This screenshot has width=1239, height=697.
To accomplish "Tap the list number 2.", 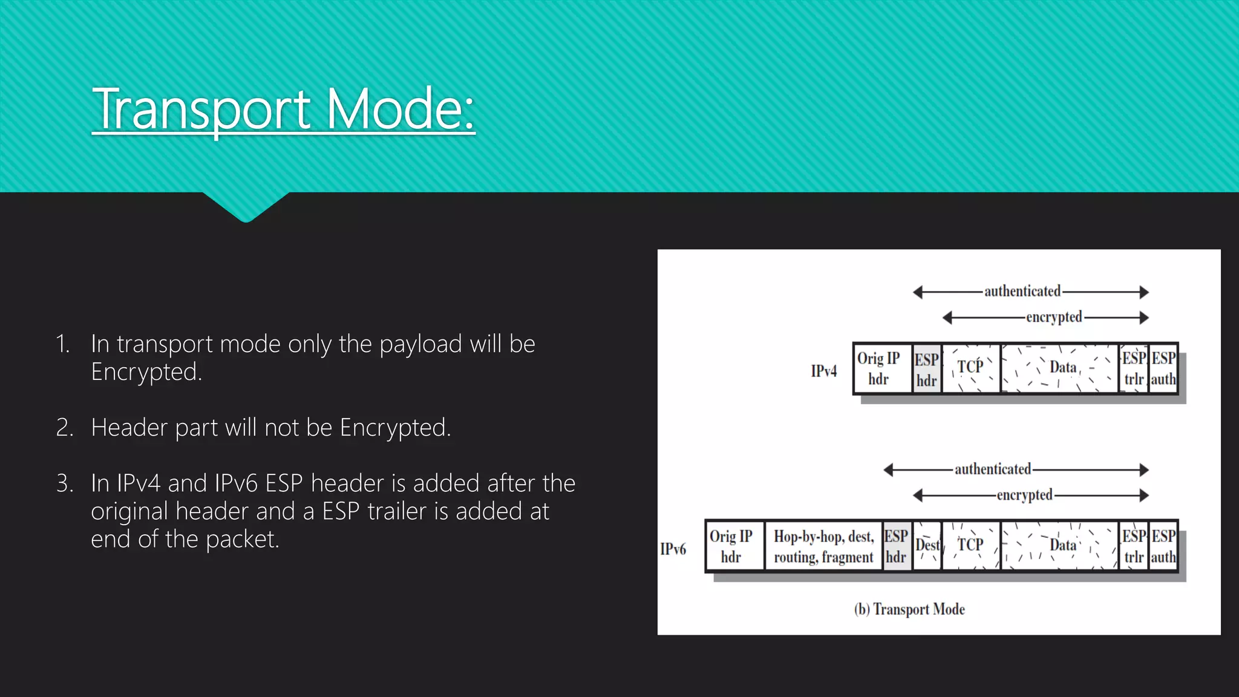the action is [64, 428].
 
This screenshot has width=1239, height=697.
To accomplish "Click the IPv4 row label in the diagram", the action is [823, 371].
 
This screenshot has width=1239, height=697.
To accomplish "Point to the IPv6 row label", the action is [673, 549].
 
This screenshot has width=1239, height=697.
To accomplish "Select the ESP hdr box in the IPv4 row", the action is [926, 369].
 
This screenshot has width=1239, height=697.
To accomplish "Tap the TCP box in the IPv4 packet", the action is [970, 368].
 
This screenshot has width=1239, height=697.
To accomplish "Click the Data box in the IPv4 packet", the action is [1060, 368].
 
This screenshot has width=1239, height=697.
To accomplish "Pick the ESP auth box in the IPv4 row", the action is [1163, 368].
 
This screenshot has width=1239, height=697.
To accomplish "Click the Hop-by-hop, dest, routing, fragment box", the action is [823, 546].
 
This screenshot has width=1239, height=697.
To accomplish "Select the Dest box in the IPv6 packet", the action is [927, 546].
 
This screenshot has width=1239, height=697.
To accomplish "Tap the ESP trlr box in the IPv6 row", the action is [1134, 546].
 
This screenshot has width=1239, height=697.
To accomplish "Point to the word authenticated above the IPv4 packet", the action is [1022, 292].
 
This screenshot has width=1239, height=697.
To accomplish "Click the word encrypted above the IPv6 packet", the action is [1024, 495].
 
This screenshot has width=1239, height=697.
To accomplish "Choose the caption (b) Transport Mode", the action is [909, 609].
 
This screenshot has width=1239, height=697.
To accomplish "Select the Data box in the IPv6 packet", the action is [1060, 546].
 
